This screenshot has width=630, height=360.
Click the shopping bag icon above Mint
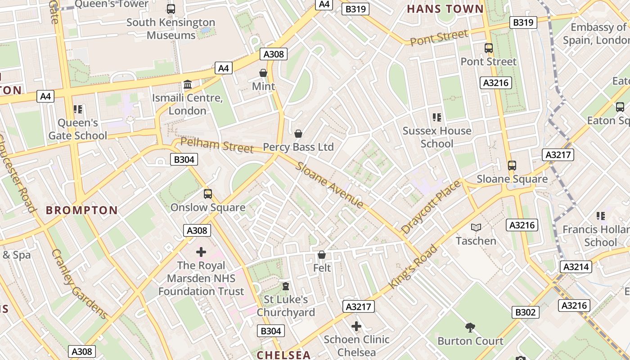(x=263, y=73)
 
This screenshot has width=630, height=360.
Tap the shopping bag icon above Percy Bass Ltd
(x=298, y=134)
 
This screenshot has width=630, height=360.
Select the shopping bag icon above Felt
(x=322, y=255)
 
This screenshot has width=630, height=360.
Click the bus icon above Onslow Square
(x=207, y=194)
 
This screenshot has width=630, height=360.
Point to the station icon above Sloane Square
(x=512, y=165)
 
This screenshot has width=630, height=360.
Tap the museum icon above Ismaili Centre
(x=188, y=85)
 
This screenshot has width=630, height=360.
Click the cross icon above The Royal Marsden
(x=201, y=252)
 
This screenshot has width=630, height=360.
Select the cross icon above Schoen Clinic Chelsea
(x=356, y=326)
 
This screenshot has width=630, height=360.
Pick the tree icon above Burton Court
(x=470, y=327)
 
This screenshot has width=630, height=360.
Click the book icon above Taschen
(x=476, y=227)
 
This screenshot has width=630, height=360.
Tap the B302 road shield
(x=526, y=312)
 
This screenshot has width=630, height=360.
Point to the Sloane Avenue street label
(x=329, y=184)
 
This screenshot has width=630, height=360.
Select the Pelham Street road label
(x=217, y=145)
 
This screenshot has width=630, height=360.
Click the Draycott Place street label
(x=431, y=207)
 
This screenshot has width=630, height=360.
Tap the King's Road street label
(x=413, y=267)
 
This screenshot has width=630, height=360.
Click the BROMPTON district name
(x=82, y=210)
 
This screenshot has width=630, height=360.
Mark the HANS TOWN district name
(x=445, y=9)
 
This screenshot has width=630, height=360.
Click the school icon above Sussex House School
(x=436, y=117)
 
